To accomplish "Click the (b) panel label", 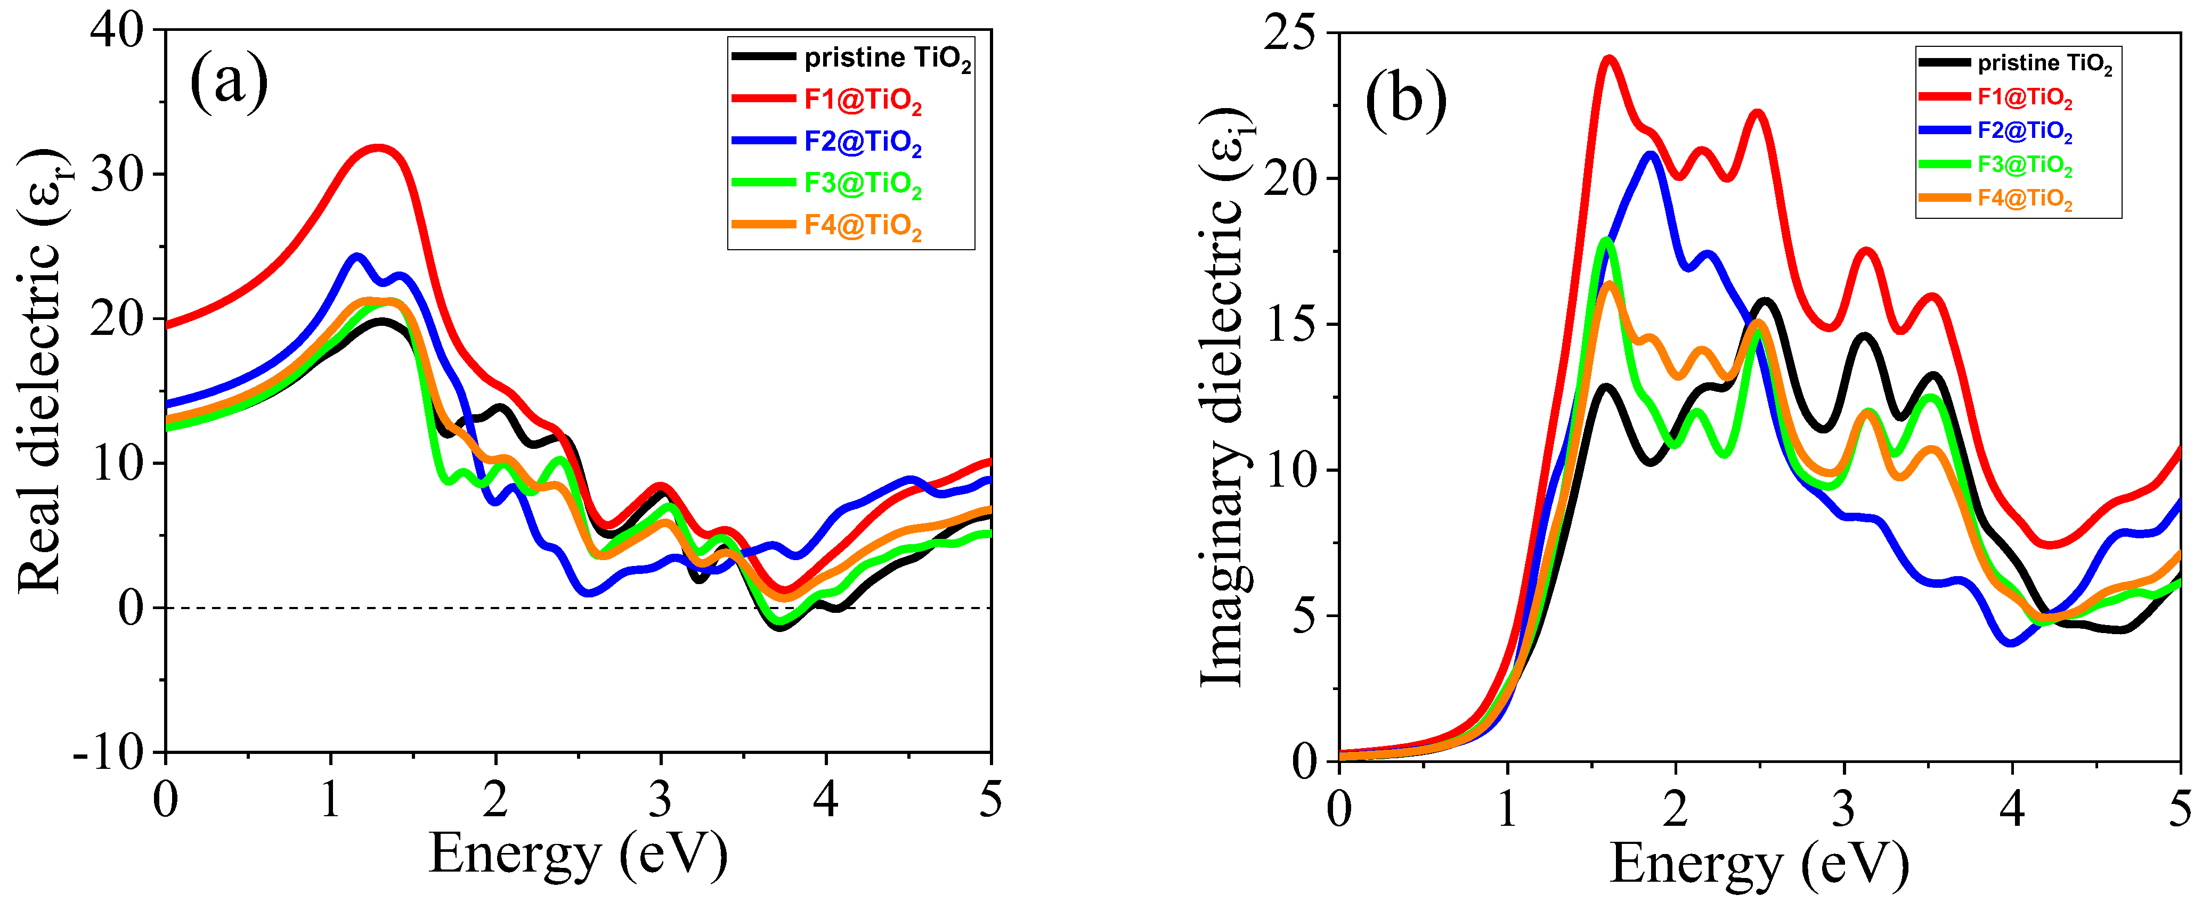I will point(1405,100).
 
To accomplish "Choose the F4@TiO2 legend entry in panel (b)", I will point(2024,199).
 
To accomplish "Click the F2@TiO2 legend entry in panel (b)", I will point(2024,131).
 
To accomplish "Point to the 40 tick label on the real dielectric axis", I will point(118,31).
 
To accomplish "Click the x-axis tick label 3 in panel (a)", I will point(660,800).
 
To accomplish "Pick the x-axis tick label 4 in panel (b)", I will point(2012,808).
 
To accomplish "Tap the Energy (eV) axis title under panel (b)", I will point(1759,863).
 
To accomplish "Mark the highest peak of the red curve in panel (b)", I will point(1610,59).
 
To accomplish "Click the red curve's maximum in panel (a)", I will point(378,148).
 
